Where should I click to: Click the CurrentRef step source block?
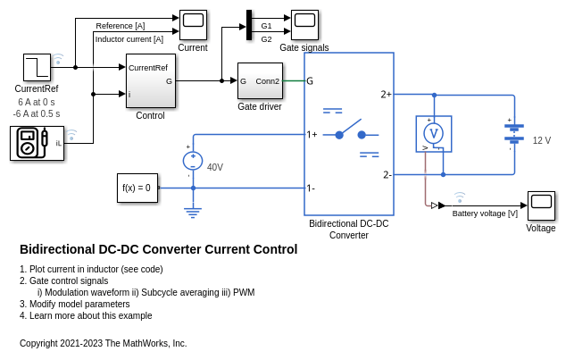pyautogui.click(x=37, y=67)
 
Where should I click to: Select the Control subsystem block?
pyautogui.click(x=150, y=80)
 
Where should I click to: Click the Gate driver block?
pyautogui.click(x=260, y=80)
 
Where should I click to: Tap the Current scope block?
pyautogui.click(x=193, y=25)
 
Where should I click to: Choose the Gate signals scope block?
pyautogui.click(x=304, y=25)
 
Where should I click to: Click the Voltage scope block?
pyautogui.click(x=541, y=205)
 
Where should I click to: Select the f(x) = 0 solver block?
pyautogui.click(x=137, y=188)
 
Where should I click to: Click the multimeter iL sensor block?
pyautogui.click(x=37, y=143)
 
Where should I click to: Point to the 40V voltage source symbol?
pyautogui.click(x=193, y=161)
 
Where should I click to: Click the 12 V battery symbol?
pyautogui.click(x=513, y=133)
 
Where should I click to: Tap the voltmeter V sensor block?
pyautogui.click(x=434, y=134)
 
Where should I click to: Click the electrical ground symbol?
pyautogui.click(x=193, y=213)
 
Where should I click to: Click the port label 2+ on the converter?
pyautogui.click(x=386, y=94)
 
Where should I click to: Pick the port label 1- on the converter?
pyautogui.click(x=311, y=188)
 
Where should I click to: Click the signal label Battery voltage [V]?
pyautogui.click(x=485, y=213)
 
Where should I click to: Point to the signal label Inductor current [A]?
pyautogui.click(x=129, y=38)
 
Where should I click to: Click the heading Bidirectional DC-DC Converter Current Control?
pyautogui.click(x=158, y=249)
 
